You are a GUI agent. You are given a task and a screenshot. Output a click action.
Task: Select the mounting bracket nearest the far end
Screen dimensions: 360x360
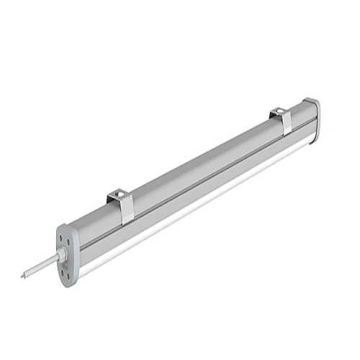283,120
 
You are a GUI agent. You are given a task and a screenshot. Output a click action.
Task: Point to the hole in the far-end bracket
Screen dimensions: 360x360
279,112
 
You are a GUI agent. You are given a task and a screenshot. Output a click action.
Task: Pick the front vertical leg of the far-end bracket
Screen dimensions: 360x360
287,126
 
